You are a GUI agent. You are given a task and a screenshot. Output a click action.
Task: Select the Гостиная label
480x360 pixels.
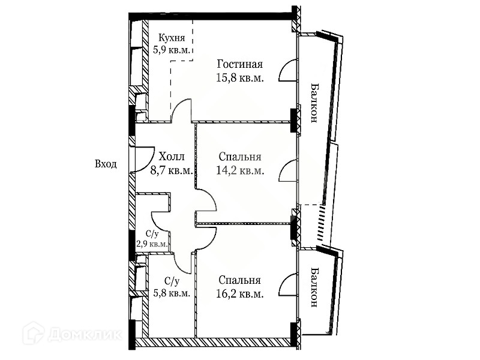[239, 64]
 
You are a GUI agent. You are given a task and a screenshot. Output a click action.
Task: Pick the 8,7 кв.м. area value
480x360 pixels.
[172, 170]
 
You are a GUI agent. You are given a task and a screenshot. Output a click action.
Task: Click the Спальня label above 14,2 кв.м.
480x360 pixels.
[239, 157]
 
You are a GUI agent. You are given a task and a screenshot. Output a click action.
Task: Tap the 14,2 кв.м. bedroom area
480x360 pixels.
[239, 170]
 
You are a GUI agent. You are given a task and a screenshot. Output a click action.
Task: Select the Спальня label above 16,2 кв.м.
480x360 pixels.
[239, 280]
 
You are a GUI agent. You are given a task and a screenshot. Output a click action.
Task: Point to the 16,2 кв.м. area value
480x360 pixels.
[239, 293]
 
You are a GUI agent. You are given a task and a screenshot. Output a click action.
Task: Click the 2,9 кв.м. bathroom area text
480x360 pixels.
[153, 244]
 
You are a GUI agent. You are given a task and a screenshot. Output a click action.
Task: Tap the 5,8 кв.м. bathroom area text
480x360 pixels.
[170, 293]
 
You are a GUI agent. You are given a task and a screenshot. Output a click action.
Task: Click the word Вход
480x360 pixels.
[106, 164]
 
